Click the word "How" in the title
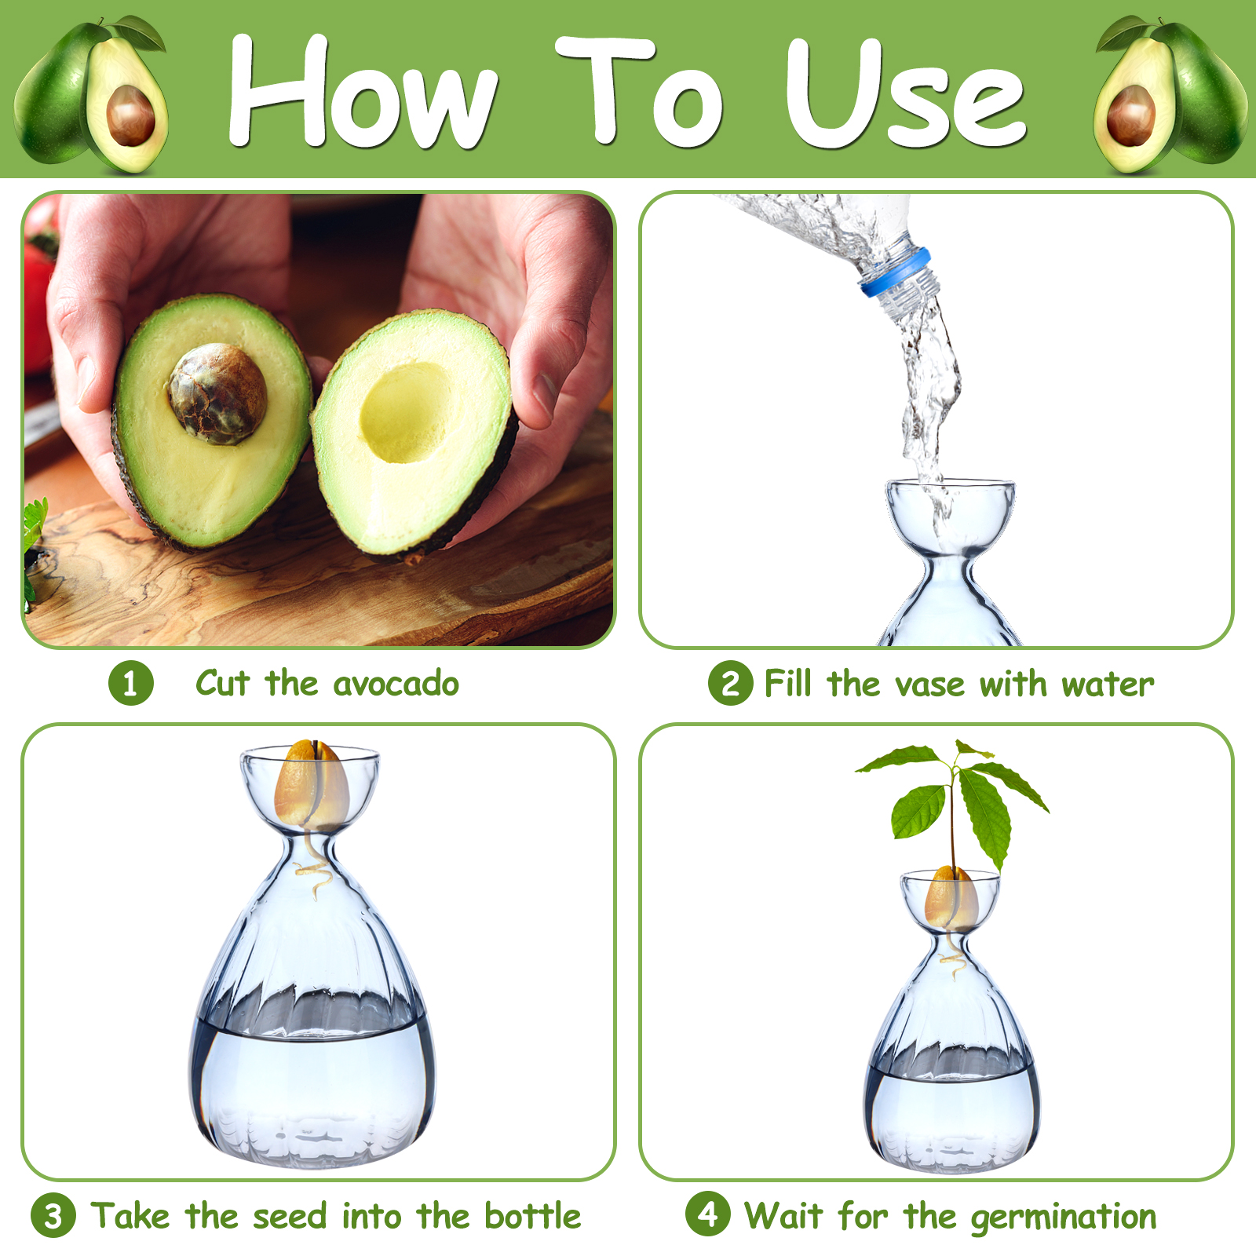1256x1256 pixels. [x=363, y=92]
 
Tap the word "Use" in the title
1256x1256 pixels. [x=906, y=93]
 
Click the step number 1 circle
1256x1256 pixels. [x=130, y=683]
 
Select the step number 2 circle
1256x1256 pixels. [x=730, y=684]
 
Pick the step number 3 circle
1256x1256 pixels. [x=53, y=1216]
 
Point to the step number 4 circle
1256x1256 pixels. [x=707, y=1214]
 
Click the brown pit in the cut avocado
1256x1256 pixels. [x=217, y=393]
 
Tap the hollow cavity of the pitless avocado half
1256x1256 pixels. [x=407, y=411]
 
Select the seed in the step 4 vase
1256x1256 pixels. [x=951, y=898]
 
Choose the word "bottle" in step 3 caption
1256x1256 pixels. [x=533, y=1216]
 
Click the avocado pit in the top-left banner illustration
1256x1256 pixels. [x=130, y=115]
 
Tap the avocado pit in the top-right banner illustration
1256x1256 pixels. [x=1131, y=115]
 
